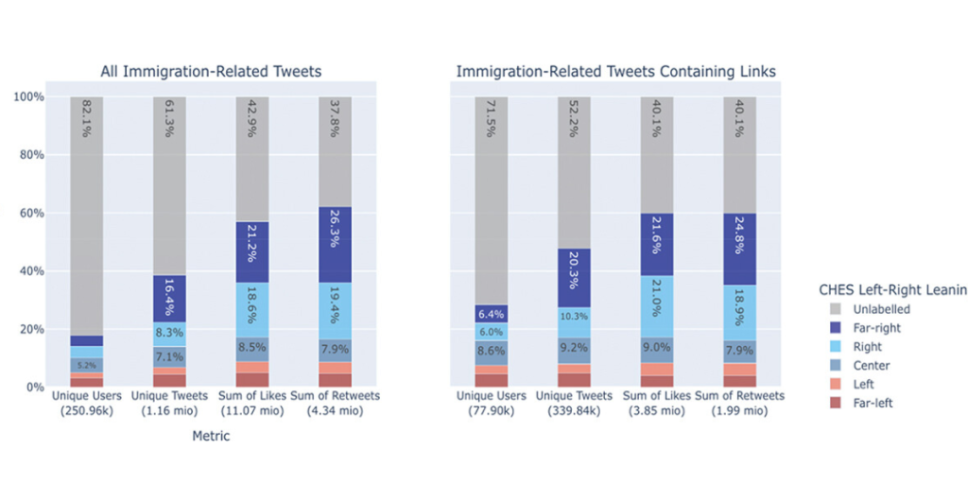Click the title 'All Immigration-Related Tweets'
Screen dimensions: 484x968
[211, 72]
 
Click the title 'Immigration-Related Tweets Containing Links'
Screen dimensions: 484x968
[615, 72]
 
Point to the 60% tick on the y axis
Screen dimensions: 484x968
[28, 213]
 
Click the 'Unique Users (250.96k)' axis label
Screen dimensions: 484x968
[86, 403]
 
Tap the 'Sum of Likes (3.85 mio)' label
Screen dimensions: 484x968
[656, 403]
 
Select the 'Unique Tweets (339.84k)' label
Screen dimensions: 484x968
[574, 403]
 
